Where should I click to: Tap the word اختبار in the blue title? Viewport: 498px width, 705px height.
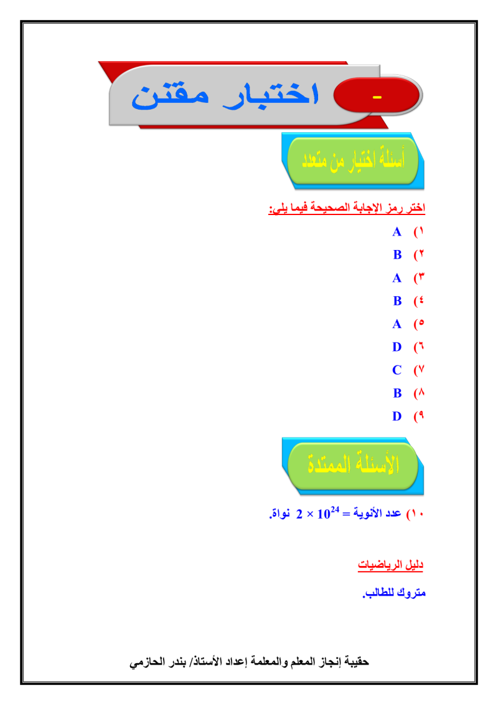tap(273, 96)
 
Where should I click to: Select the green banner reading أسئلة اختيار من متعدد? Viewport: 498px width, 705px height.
tap(352, 161)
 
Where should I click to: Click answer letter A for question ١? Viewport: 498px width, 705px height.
tap(397, 232)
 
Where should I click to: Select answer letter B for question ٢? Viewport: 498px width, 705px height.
tap(397, 255)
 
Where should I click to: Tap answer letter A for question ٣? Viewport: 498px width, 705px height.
tap(397, 278)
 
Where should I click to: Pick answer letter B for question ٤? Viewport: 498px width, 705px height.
tap(397, 301)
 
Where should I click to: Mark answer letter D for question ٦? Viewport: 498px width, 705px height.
tap(397, 347)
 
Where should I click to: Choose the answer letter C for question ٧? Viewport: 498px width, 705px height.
tap(397, 370)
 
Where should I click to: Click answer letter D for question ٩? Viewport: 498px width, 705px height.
tap(397, 416)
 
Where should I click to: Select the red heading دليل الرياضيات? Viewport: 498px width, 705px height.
tap(391, 565)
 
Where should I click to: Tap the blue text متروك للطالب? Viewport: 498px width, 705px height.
tap(394, 593)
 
